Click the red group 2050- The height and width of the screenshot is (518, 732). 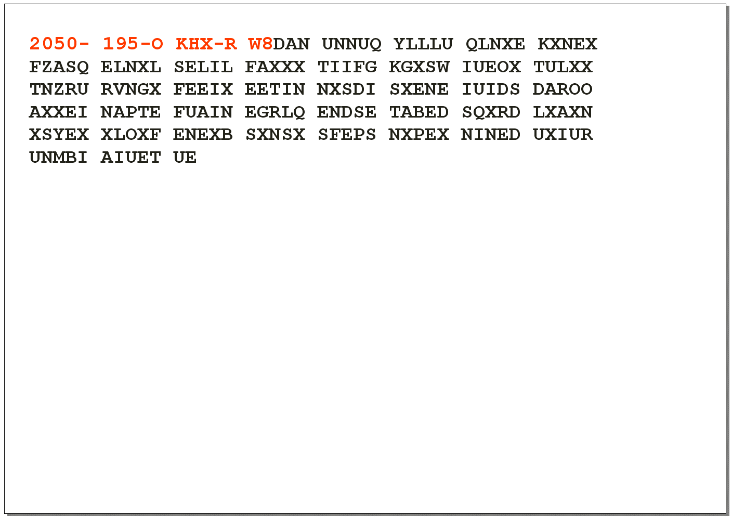tap(59, 44)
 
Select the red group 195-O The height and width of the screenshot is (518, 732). tap(133, 44)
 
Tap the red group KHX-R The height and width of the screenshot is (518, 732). tap(206, 44)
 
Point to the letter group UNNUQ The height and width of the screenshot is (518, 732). tap(351, 44)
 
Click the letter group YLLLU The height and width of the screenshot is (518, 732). tap(423, 44)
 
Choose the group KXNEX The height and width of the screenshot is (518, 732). tap(568, 44)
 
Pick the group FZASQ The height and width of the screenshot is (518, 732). tap(59, 67)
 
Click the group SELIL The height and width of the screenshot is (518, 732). tap(203, 67)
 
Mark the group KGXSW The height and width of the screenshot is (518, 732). tap(419, 67)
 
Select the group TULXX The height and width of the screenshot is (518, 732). tap(563, 67)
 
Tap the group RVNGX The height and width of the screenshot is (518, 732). tap(130, 89)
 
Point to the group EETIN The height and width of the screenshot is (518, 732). tap(275, 89)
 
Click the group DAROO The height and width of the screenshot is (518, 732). tap(563, 89)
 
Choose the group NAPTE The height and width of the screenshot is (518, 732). tap(130, 112)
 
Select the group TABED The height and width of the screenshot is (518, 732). tap(419, 112)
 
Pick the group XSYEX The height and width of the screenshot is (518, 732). tap(59, 134)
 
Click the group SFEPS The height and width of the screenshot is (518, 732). tap(347, 134)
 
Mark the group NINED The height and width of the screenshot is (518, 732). tap(490, 134)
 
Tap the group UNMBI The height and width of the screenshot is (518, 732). tap(58, 157)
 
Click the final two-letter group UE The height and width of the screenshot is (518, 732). tap(185, 157)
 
